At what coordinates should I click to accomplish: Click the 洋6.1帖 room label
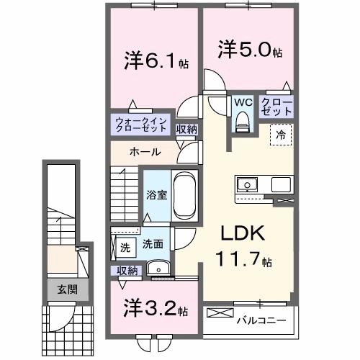156,61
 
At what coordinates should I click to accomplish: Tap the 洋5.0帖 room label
250,50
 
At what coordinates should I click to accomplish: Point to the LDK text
243,233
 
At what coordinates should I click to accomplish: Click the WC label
243,102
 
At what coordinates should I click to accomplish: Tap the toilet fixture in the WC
243,122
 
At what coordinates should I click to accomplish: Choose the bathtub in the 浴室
184,195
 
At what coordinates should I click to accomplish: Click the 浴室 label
157,195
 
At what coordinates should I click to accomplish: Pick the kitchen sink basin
247,185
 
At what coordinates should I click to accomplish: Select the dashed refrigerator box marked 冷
281,135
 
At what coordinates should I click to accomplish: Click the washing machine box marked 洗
126,248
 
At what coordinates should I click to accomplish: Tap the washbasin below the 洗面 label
158,268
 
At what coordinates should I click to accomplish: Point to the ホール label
145,152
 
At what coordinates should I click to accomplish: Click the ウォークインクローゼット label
141,125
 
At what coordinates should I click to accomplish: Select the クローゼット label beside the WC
276,107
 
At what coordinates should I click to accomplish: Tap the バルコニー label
261,320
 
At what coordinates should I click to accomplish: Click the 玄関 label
68,289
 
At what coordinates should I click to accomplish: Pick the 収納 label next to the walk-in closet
186,130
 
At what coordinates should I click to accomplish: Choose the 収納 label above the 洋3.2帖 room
127,271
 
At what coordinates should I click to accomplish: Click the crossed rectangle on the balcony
220,312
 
